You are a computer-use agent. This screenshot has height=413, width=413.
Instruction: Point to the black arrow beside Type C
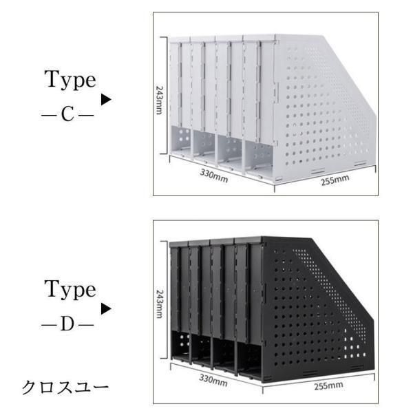tap(105, 100)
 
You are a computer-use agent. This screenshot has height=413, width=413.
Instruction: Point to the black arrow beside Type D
tap(105, 309)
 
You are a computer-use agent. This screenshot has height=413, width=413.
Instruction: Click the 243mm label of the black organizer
tap(159, 306)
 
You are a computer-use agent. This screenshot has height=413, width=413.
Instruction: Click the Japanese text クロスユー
tap(65, 388)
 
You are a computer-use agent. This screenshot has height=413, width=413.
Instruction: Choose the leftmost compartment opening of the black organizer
tap(180, 344)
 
